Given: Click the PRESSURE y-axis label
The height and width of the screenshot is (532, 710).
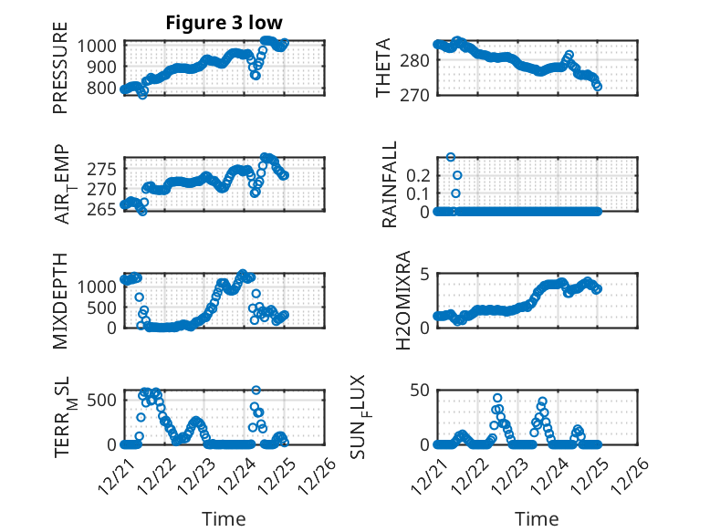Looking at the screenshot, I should coord(60,74).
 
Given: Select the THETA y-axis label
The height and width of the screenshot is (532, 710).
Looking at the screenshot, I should coord(383,68).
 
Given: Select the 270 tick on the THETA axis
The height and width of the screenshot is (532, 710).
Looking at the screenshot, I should coord(420,94).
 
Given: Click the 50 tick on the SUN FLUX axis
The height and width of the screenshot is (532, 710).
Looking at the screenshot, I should coord(420,391).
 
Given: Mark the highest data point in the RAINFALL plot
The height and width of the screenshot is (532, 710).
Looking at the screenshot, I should coord(450,157).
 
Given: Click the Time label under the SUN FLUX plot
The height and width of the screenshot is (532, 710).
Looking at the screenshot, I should coord(537,518).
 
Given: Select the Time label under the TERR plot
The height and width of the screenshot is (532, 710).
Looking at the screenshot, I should coord(224,518).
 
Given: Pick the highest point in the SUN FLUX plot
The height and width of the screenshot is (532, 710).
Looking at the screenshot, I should coord(497,398).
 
